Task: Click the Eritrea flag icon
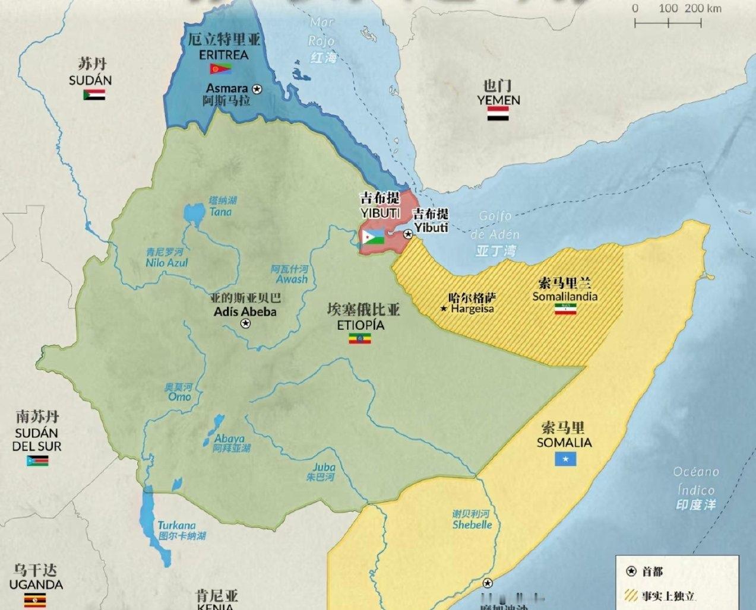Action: pos(220,69)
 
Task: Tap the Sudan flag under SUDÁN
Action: pos(94,94)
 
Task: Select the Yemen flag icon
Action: pos(498,114)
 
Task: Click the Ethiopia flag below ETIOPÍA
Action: pos(359,339)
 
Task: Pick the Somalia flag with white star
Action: pos(565,459)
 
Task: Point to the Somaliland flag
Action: pos(565,309)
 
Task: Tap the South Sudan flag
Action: pos(37,461)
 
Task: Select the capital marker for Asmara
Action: pos(257,88)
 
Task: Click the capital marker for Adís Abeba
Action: pos(246,323)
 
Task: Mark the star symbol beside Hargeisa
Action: pos(443,309)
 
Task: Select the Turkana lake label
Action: pos(176,526)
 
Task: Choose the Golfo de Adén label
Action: pos(495,225)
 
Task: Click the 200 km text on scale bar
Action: pos(703,8)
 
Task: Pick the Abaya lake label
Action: pos(229,439)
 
